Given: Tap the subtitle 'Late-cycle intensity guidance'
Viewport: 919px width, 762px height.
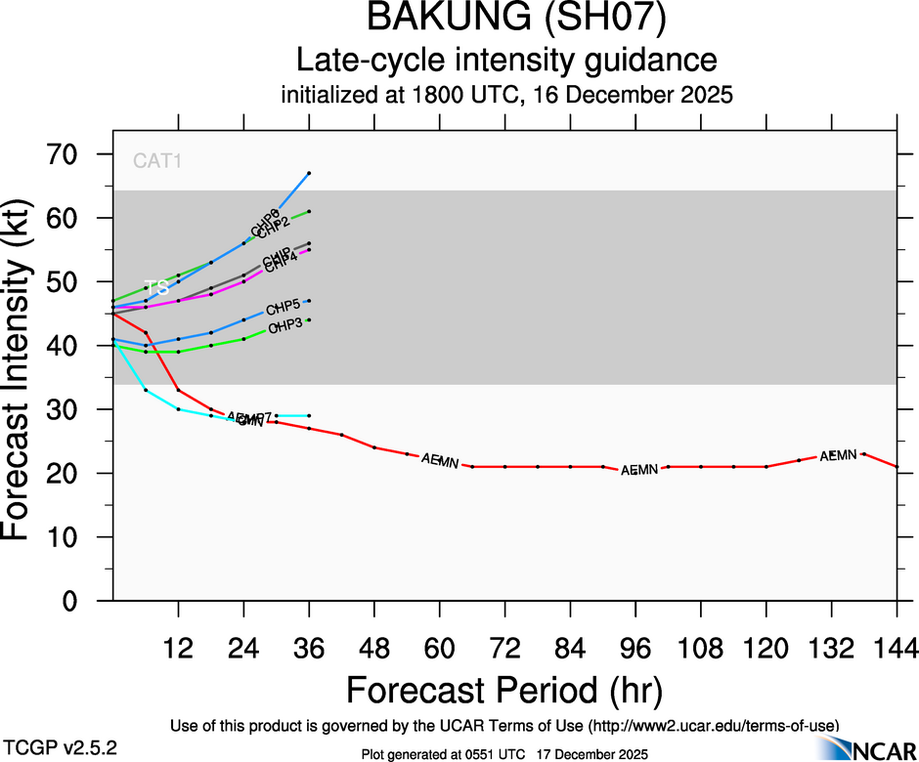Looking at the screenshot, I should (x=506, y=61).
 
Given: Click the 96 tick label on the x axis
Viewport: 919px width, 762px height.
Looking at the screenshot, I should (x=635, y=648).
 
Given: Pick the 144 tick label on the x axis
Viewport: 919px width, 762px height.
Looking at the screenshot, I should (x=896, y=648).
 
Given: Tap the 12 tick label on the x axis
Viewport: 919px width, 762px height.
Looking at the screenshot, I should (x=178, y=648).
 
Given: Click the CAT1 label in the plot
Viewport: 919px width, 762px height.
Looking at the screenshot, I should (x=157, y=161).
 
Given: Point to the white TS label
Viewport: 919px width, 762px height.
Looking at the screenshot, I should (x=156, y=288).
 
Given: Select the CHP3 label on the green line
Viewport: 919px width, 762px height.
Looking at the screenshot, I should (x=284, y=326).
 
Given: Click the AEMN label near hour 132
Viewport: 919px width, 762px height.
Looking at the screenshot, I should (x=838, y=455).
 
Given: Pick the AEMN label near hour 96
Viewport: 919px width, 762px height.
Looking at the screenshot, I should (x=638, y=471).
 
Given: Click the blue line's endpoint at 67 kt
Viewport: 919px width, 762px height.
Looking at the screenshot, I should (x=309, y=173).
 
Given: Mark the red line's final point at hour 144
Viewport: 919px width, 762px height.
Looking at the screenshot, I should (x=897, y=467).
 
